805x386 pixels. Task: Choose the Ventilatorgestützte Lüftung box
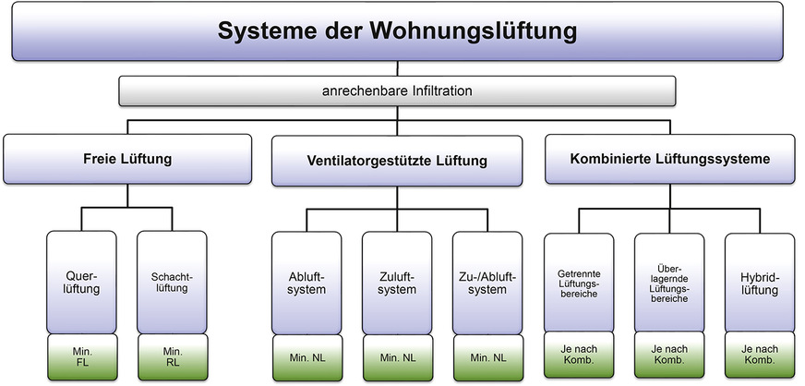[x=397, y=161]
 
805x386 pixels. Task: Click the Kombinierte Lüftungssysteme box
[x=670, y=159]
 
